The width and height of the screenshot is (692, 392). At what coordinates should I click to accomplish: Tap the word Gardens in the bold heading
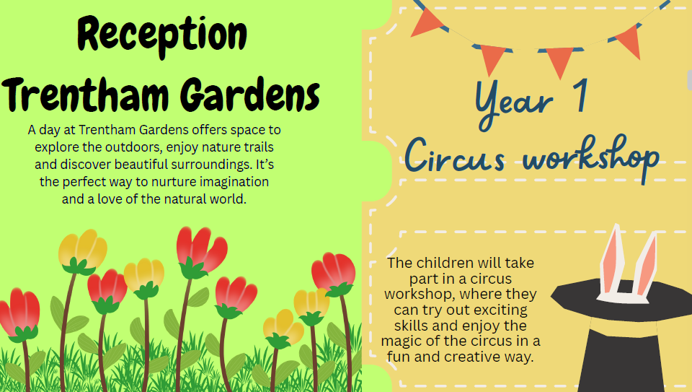click(x=250, y=94)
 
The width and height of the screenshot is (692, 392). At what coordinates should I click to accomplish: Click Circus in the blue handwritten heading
click(x=455, y=155)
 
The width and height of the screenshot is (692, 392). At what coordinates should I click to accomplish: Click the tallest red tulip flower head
click(x=201, y=248)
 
